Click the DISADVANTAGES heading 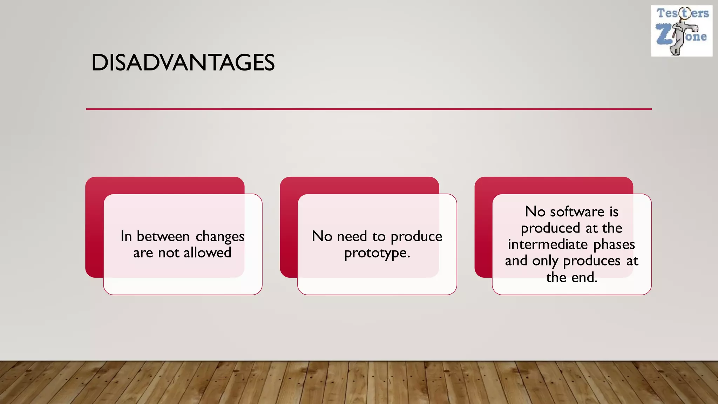click(183, 63)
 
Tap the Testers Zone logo click(682, 31)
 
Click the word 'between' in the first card click(163, 236)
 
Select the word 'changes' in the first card click(220, 237)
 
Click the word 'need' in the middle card click(352, 236)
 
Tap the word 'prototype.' click(377, 253)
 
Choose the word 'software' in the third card click(577, 212)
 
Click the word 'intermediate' click(548, 244)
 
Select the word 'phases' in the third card click(614, 244)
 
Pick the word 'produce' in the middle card click(416, 237)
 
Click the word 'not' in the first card click(169, 253)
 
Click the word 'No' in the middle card click(322, 236)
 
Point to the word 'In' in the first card click(126, 236)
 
